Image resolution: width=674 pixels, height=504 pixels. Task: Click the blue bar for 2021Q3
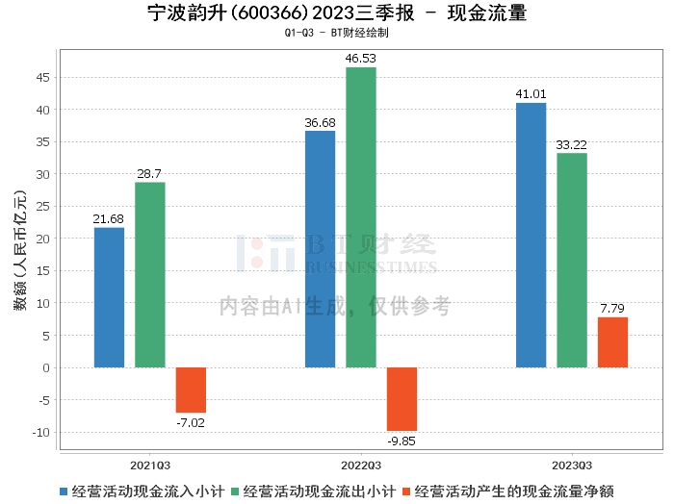(109, 297)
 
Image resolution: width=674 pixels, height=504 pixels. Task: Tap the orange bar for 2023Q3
(612, 342)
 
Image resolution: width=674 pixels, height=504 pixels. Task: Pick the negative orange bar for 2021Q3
(191, 390)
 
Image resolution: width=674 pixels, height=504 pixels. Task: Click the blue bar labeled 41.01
(531, 235)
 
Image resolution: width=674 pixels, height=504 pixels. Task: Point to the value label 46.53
(361, 59)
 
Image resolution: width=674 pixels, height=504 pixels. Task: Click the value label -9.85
(402, 441)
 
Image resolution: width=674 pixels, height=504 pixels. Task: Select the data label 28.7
(150, 173)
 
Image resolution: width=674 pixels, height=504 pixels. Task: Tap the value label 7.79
(612, 308)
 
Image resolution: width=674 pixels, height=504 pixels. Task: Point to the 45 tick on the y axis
(44, 78)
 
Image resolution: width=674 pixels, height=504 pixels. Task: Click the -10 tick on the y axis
(41, 432)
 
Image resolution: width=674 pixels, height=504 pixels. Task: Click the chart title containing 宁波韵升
(337, 13)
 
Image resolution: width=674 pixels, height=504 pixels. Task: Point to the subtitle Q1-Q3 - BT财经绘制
(337, 33)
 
